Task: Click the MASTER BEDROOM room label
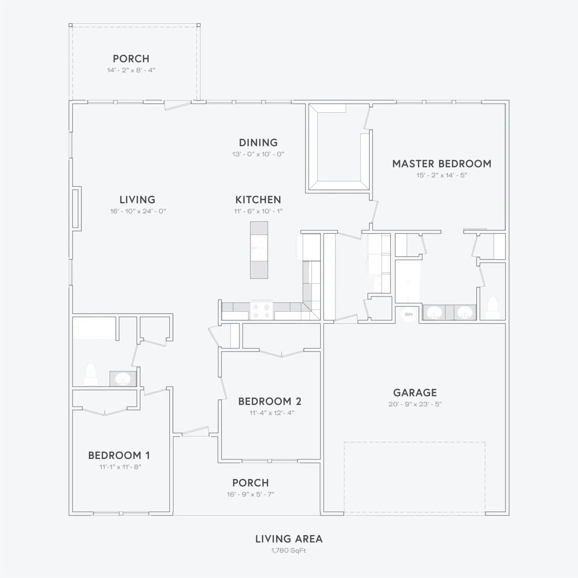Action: [442, 164]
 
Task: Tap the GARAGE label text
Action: [415, 393]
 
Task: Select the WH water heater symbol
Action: [409, 315]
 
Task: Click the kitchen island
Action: [259, 250]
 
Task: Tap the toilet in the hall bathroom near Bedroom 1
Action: [91, 374]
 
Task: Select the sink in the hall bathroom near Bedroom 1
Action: [123, 379]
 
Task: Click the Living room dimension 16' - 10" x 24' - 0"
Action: [138, 211]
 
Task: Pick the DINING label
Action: [259, 143]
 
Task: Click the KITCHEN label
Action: [258, 200]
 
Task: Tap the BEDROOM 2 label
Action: [270, 402]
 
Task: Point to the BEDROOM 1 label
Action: [119, 456]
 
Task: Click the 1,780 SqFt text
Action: [289, 551]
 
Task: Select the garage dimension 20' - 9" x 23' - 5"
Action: [415, 404]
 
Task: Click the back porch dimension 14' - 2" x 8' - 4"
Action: [131, 70]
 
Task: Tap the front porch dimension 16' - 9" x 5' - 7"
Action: [251, 494]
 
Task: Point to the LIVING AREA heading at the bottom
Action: [289, 539]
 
